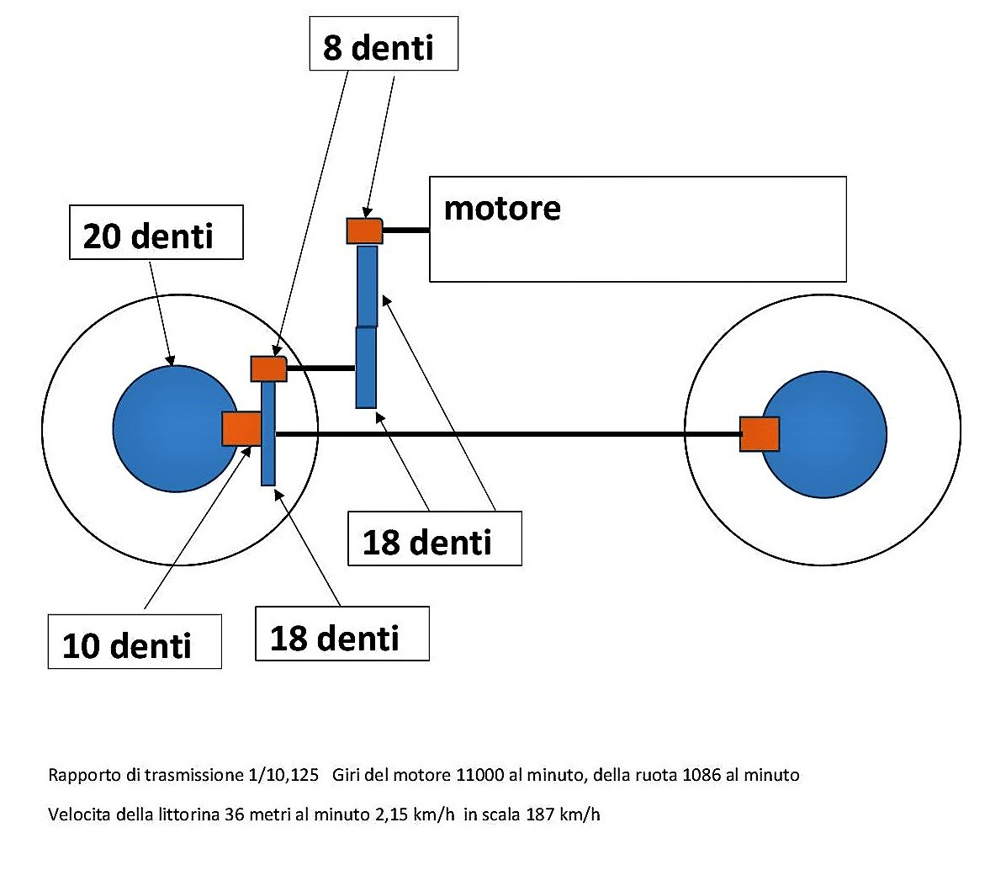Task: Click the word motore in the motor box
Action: tap(501, 208)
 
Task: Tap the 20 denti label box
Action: tap(156, 233)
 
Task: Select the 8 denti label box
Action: tap(383, 44)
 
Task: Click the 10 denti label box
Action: tap(135, 642)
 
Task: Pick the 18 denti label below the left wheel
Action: tap(341, 634)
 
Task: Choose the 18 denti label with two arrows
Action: tap(434, 538)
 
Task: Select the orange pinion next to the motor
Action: tap(364, 231)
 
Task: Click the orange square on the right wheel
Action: tap(759, 434)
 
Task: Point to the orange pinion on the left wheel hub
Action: tap(241, 429)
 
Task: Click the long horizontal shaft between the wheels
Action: tap(505, 434)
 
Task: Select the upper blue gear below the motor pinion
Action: tap(367, 286)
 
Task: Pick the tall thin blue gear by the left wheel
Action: tap(268, 433)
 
